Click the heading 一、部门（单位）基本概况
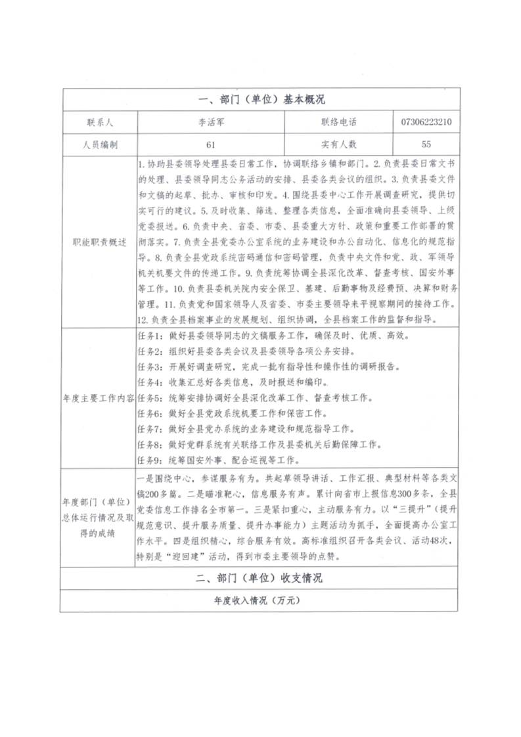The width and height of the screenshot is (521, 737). tap(261, 100)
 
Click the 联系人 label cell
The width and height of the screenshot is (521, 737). tap(99, 122)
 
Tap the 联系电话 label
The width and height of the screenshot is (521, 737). tap(338, 122)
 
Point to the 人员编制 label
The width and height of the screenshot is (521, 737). tap(99, 144)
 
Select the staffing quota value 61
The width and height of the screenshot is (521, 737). tap(210, 144)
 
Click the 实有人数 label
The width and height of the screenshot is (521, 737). tap(338, 144)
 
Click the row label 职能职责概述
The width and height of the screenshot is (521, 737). tap(99, 241)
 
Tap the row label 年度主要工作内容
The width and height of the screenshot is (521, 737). tap(99, 398)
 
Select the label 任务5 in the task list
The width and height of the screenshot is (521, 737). tap(149, 398)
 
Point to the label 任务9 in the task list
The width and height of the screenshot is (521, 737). tap(149, 460)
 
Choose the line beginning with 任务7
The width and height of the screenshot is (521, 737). tap(263, 429)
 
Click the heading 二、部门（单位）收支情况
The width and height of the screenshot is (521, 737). tap(261, 579)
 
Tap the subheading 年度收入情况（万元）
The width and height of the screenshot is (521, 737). tap(261, 601)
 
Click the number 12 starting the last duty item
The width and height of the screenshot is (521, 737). tap(143, 320)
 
